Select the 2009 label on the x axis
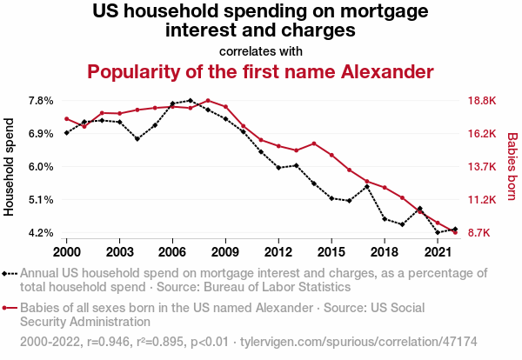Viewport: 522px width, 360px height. point(225,252)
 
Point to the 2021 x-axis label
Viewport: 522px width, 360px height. point(438,252)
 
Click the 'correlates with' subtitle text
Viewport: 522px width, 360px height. point(261,50)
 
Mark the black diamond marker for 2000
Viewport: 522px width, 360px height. point(66,133)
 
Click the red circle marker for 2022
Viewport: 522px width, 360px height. point(455,232)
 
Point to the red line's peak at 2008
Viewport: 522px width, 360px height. point(208,101)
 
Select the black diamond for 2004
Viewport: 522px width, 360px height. point(137,138)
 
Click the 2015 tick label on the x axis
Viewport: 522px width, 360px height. point(331,252)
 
